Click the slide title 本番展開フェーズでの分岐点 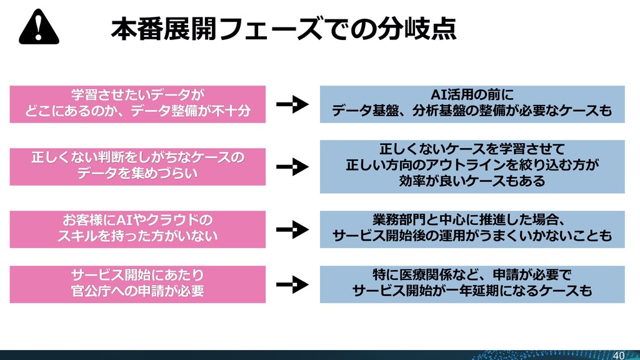(x=283, y=28)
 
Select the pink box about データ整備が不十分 (x=137, y=104)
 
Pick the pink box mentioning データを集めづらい (x=137, y=166)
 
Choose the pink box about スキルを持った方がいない (x=137, y=228)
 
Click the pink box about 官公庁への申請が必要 (x=137, y=284)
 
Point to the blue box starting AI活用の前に (x=472, y=104)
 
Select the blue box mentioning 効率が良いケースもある (x=472, y=166)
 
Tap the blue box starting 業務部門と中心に (x=472, y=228)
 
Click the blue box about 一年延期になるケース (x=472, y=284)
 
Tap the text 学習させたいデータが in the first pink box (x=137, y=96)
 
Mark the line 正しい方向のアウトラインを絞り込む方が (x=472, y=166)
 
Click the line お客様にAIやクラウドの (x=137, y=220)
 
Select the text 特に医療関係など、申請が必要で (x=472, y=276)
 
